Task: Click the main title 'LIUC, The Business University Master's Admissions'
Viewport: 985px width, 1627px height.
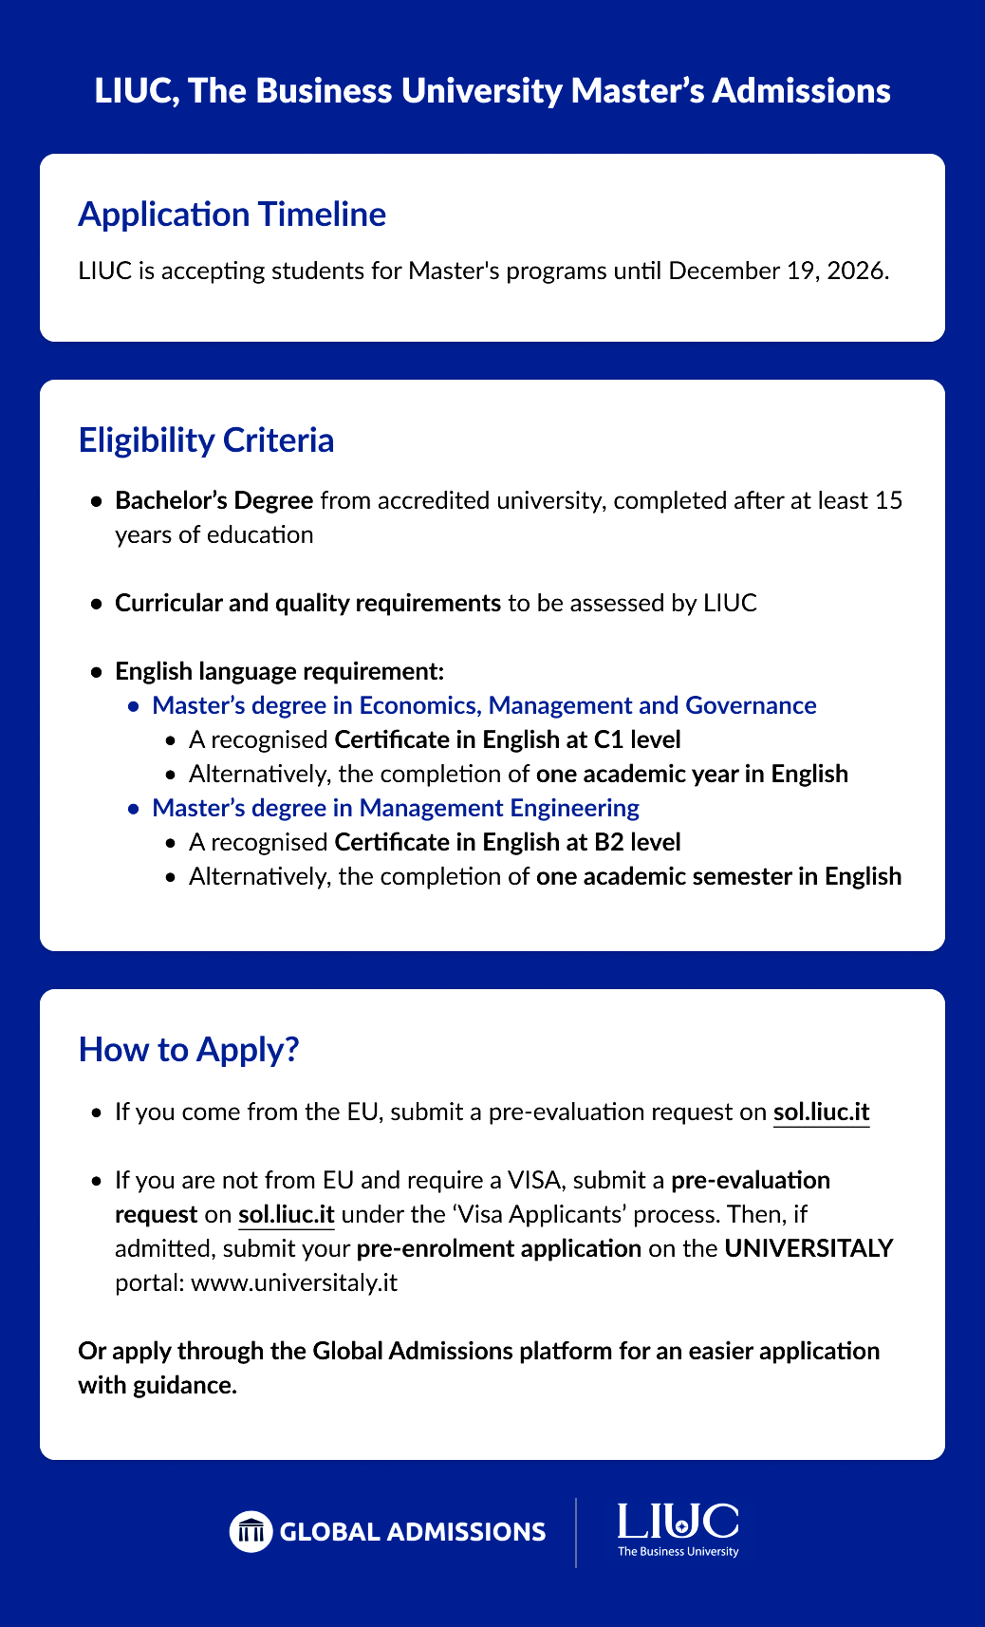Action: coord(492,91)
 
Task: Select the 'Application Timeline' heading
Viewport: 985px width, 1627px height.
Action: coord(232,215)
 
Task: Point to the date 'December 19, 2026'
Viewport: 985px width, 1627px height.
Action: coord(778,271)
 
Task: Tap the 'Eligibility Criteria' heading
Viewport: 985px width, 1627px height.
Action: coord(206,440)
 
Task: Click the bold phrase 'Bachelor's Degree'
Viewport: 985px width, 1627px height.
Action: coord(214,500)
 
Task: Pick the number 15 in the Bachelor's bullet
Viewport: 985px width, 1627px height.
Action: coord(888,500)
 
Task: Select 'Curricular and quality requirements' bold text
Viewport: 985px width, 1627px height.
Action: coord(307,603)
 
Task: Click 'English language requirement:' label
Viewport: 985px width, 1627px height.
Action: coord(279,671)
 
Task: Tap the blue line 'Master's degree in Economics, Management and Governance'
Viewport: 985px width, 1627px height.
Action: coord(484,705)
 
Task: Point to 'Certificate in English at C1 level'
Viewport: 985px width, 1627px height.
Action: coord(508,739)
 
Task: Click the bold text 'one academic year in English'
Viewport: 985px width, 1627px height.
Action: coord(692,774)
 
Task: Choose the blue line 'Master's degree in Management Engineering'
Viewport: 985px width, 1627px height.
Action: coord(396,808)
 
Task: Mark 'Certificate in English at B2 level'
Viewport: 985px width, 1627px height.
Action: coord(508,842)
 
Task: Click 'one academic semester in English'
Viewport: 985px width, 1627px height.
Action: coord(718,876)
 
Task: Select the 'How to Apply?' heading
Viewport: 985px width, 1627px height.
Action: coord(189,1050)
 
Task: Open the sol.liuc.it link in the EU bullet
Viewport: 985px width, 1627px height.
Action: coord(821,1112)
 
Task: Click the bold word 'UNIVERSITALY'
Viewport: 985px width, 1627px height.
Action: coord(808,1248)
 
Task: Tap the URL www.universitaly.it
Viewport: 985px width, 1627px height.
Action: coord(294,1282)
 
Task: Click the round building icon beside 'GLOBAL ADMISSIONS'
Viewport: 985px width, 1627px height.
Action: coord(251,1531)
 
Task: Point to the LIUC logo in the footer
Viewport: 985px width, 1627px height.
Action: coord(678,1528)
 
